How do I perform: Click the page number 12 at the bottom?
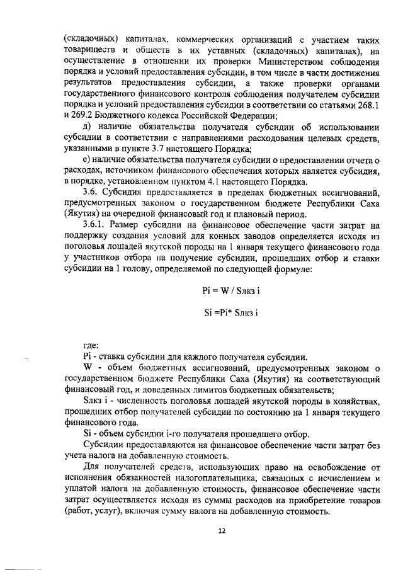(x=221, y=531)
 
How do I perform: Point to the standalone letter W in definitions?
(x=88, y=367)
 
